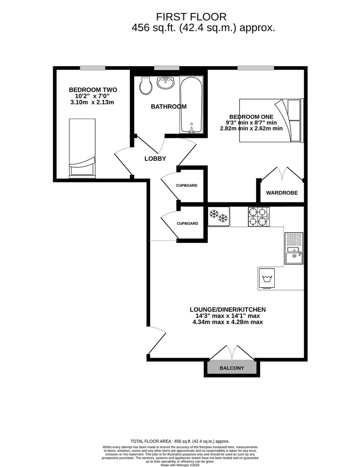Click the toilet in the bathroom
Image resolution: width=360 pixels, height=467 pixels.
[146, 85]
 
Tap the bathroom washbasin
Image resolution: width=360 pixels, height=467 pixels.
[166, 83]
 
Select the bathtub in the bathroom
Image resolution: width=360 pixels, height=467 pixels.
[191, 105]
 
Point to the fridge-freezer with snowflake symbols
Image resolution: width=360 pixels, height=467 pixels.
[219, 217]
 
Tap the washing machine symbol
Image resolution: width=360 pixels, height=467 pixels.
[267, 278]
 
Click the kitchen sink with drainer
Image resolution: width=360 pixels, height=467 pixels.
[294, 248]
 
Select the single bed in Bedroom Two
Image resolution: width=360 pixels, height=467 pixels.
[82, 148]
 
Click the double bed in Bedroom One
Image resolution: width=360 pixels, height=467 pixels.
[271, 120]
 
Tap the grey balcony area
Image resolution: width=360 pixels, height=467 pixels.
[232, 367]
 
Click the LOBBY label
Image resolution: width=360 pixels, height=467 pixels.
[155, 159]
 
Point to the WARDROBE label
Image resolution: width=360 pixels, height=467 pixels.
[282, 193]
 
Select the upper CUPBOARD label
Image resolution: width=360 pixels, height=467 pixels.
[186, 186]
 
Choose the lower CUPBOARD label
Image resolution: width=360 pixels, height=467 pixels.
[187, 224]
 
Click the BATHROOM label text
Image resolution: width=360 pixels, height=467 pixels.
[169, 107]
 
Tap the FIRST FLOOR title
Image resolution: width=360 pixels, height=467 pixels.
[191, 17]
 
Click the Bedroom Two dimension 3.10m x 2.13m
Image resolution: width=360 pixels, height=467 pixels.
[92, 102]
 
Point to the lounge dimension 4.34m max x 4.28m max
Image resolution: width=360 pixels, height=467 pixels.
[228, 322]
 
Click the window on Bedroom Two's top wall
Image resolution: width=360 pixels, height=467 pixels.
[93, 68]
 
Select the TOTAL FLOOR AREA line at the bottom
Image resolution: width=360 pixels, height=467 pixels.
[180, 441]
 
